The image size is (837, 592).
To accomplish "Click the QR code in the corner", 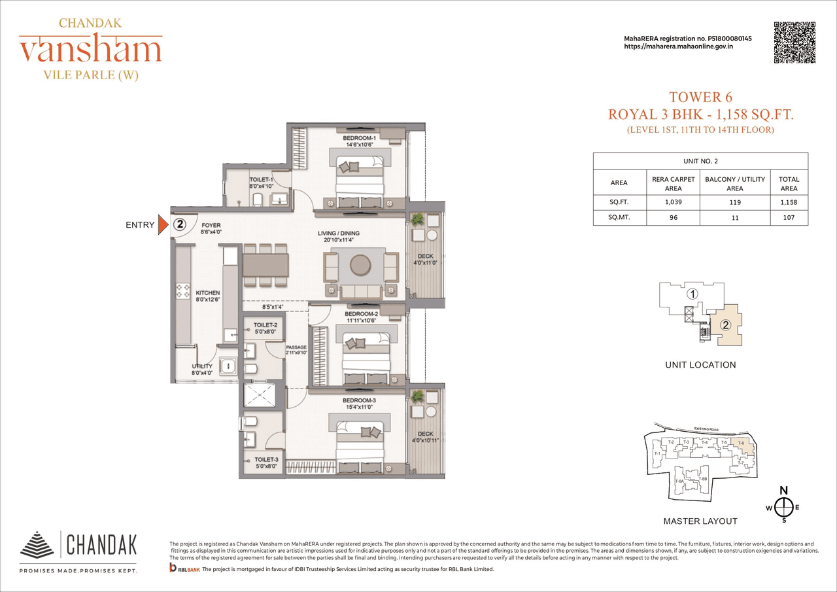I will [x=794, y=43].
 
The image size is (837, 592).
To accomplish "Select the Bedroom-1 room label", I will [x=359, y=139].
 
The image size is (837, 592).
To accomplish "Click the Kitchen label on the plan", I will [x=208, y=293].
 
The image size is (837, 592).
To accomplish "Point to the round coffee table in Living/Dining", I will [x=359, y=265].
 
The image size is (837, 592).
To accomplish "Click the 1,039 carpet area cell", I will [x=673, y=202].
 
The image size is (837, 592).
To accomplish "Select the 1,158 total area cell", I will [x=789, y=202].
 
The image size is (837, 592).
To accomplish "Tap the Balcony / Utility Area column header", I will [x=734, y=184].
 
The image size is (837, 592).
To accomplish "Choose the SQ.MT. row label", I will [x=619, y=217].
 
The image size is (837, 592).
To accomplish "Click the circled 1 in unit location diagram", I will [x=692, y=294].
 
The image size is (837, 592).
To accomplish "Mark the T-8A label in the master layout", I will [x=680, y=482].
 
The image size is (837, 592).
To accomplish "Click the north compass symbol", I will [x=784, y=506].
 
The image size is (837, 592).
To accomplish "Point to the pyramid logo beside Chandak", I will [x=37, y=544].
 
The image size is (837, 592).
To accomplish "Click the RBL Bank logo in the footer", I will [x=184, y=570].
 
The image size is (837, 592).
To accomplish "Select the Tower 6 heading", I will [x=700, y=98].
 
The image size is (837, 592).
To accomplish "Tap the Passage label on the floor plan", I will [x=296, y=347].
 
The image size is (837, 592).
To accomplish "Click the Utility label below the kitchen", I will [x=202, y=366].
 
